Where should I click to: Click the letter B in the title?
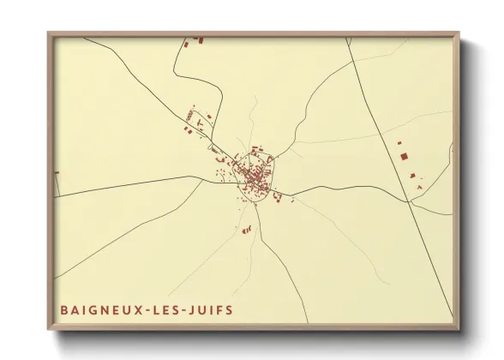(x=64, y=309)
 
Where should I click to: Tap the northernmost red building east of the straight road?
(x=399, y=142)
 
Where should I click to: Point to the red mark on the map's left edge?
(x=57, y=173)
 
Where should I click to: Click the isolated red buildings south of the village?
(x=248, y=229)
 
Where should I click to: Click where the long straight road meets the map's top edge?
(x=347, y=38)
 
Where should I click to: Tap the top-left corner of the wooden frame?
(x=48, y=33)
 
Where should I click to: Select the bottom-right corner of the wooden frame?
(x=459, y=330)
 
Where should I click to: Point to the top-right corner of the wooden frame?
(x=459, y=33)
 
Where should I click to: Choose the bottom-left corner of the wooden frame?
(x=48, y=330)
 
